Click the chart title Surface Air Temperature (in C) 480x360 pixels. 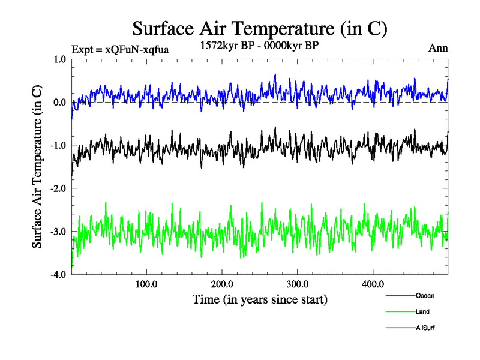[x=259, y=29]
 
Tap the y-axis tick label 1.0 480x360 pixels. [x=60, y=59]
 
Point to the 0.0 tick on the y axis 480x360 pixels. [x=60, y=103]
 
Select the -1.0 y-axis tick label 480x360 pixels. [x=59, y=146]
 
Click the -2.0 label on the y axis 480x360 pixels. [x=59, y=189]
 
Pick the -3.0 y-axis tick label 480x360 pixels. [x=59, y=232]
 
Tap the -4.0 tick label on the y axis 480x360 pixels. [x=59, y=275]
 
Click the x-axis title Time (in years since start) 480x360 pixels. [x=260, y=298]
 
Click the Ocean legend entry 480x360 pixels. [x=425, y=295]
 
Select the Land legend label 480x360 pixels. [x=422, y=312]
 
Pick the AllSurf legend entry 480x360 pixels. [x=425, y=328]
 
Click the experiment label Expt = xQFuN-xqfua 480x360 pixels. [x=120, y=50]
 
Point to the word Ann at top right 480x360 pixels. [x=438, y=48]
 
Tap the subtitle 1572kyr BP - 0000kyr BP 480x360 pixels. [x=260, y=44]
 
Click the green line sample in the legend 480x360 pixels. [x=399, y=312]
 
